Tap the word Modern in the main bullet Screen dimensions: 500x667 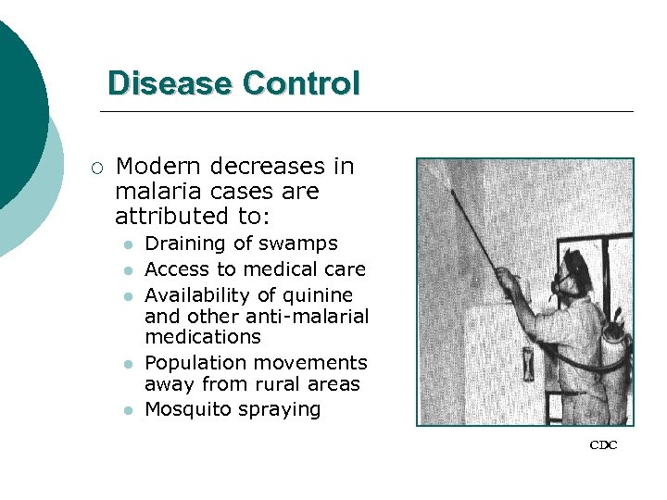(x=159, y=167)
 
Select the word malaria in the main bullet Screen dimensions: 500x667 (x=157, y=192)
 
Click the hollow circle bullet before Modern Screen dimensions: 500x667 (x=98, y=168)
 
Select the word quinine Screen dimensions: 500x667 (x=315, y=295)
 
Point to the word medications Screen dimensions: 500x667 (x=203, y=337)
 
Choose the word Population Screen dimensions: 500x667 (x=194, y=363)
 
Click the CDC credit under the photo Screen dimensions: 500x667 (x=603, y=445)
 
